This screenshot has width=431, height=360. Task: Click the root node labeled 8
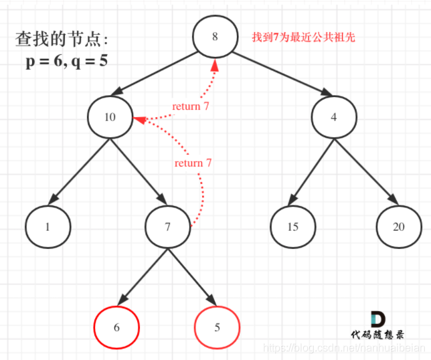pos(215,37)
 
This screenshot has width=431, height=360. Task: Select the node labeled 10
pos(110,117)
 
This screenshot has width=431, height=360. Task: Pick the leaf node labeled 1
pos(48,226)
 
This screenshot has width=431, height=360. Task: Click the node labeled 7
pos(167,226)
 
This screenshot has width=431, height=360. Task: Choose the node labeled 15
pos(292,226)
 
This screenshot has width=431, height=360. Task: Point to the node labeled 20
pos(398,226)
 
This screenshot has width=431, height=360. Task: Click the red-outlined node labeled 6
pos(116,327)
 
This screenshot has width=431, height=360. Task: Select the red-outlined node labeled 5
pos(217,327)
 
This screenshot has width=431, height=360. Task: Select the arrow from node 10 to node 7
pos(139,171)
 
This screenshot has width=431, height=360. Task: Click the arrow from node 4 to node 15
pos(313,171)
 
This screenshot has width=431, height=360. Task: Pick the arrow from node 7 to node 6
pos(143,276)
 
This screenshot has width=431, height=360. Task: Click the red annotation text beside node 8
pos(303,37)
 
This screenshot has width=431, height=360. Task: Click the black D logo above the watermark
pos(377,319)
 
